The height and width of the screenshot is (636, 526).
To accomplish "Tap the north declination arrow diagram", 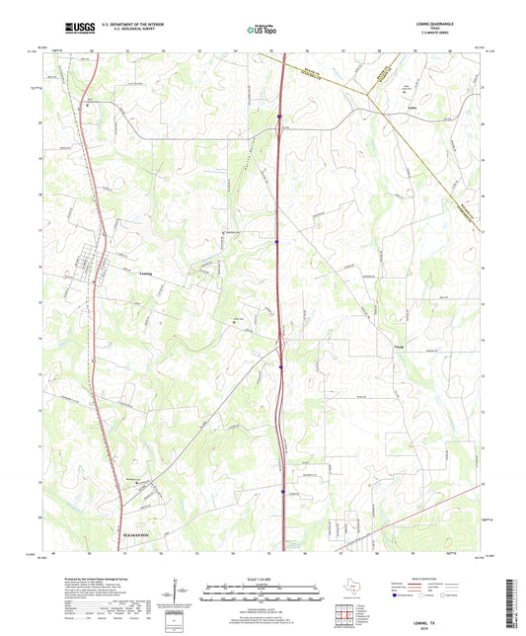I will coord(176,596).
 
